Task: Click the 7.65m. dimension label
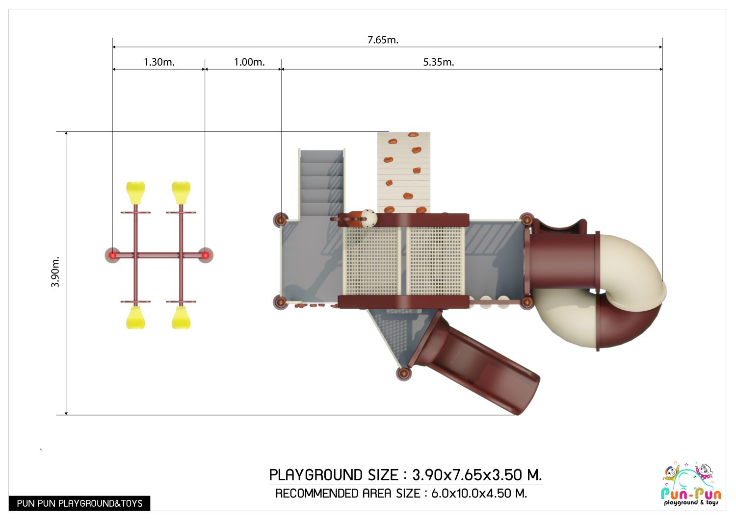click(x=383, y=40)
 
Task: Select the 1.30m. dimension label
click(x=159, y=62)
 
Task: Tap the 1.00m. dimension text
click(x=249, y=62)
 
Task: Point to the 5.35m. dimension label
click(x=438, y=62)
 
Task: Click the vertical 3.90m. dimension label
click(x=55, y=272)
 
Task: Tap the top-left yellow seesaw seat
click(x=135, y=193)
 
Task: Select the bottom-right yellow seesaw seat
click(x=181, y=318)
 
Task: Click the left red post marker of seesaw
click(x=112, y=255)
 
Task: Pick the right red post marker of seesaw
click(x=205, y=255)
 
